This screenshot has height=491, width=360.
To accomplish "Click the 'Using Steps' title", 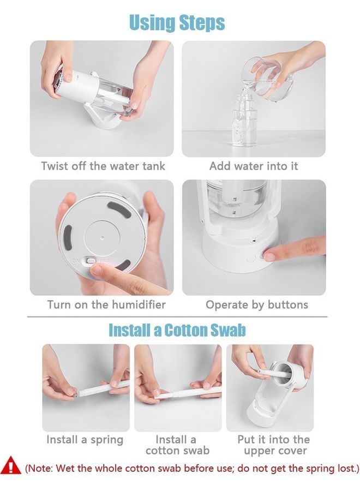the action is tap(177, 22).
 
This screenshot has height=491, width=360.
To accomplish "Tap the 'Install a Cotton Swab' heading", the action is tap(177, 331).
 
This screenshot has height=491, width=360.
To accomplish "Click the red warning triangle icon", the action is tap(11, 466).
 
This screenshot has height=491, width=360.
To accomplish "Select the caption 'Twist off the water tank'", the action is tap(103, 166).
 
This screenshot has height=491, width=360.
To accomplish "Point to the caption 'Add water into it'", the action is tap(254, 166).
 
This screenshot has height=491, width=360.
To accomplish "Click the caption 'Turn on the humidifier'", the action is tap(106, 304).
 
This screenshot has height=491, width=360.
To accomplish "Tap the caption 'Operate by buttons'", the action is tap(257, 304).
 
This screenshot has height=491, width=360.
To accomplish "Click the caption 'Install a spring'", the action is tap(85, 440).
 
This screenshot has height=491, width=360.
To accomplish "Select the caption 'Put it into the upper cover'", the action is tap(274, 445).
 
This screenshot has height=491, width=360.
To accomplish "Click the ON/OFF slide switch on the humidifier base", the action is tap(91, 261).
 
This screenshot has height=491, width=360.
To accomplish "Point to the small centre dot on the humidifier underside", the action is tap(101, 237).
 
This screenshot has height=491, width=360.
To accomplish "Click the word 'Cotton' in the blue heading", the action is tap(186, 331).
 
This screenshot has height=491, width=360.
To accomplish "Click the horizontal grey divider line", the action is tap(177, 317).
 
